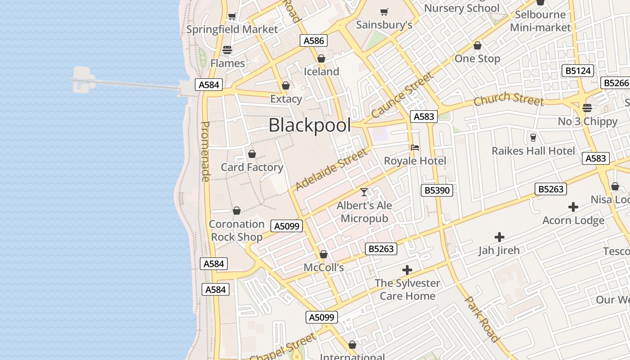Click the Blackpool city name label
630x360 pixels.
[310, 125]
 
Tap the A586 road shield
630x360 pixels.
[314, 40]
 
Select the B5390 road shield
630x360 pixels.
[437, 190]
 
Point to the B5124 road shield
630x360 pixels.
[578, 71]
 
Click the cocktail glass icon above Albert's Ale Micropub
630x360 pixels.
[364, 192]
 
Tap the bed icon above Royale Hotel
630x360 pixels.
[415, 148]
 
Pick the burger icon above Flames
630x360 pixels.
[227, 50]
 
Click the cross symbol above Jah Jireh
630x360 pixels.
[499, 237]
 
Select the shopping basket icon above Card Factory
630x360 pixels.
[252, 154]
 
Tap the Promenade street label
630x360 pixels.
[205, 152]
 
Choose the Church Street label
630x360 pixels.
[508, 99]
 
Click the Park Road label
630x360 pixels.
[481, 319]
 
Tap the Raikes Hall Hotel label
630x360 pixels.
[533, 151]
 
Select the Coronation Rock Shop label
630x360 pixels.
[237, 230]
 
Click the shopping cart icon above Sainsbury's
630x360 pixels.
[384, 12]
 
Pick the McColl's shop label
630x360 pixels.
[324, 268]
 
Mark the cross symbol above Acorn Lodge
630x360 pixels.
[573, 207]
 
